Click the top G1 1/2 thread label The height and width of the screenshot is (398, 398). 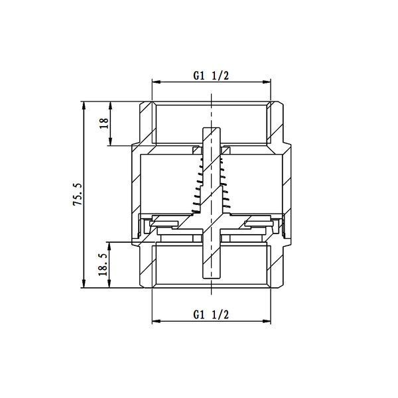click(211, 76)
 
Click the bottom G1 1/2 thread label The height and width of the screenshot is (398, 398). click(211, 314)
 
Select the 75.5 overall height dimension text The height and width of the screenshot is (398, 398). click(78, 194)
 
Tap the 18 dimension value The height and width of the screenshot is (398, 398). click(104, 123)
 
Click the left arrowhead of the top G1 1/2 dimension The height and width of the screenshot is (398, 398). click(156, 82)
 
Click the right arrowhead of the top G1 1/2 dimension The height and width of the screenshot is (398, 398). click(267, 82)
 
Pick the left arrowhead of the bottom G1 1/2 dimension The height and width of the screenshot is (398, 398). click(156, 321)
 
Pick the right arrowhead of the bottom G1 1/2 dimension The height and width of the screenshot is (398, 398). click(267, 321)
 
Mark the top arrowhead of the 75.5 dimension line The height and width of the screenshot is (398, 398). click(84, 105)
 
